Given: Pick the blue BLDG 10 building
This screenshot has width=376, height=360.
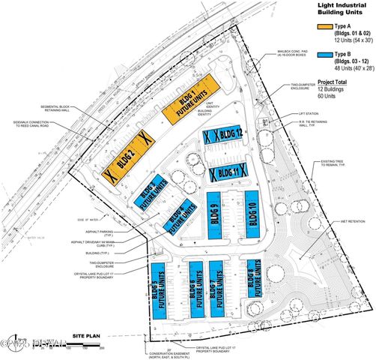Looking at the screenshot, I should pos(252,217).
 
